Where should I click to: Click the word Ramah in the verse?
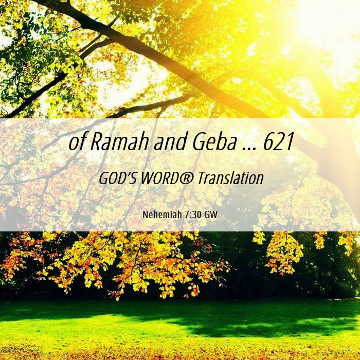119,141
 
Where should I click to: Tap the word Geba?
214,141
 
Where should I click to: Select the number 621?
279,141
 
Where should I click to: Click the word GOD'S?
118,178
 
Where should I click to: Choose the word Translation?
231,178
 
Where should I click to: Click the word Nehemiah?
163,214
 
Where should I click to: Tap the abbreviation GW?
210,215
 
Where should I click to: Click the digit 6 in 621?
269,142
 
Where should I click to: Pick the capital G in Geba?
199,142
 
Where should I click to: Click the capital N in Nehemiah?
146,215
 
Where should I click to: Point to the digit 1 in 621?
290,142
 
